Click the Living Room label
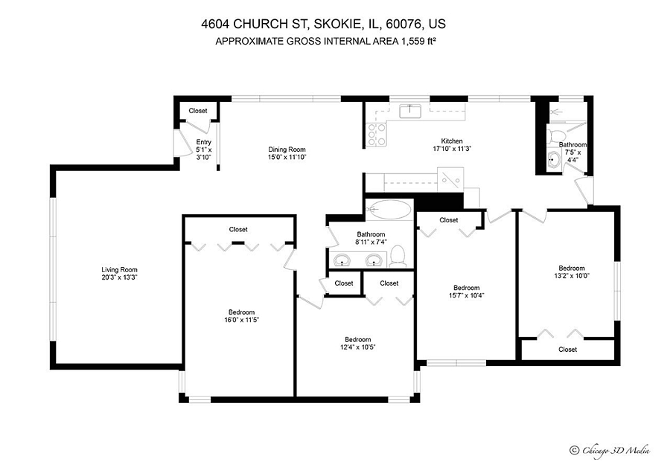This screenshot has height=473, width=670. click(119, 270)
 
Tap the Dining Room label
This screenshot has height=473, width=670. click(287, 149)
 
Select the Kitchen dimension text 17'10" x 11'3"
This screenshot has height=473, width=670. click(452, 149)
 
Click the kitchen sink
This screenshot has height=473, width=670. click(410, 112)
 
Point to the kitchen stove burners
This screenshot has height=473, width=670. click(377, 135)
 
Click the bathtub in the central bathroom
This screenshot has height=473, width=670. click(389, 210)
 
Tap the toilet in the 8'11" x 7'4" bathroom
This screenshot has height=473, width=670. click(398, 257)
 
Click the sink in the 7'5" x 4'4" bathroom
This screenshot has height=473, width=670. click(554, 161)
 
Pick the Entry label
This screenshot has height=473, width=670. click(204, 142)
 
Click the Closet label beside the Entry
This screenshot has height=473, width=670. click(198, 111)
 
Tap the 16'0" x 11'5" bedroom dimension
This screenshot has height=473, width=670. click(242, 320)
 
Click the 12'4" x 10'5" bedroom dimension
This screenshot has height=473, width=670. click(358, 347)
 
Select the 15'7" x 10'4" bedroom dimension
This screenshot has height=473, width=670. click(467, 295)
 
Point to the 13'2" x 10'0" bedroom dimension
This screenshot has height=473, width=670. click(572, 276)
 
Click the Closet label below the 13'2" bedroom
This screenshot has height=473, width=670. click(567, 350)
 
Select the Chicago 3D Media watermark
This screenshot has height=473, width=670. click(610, 451)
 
